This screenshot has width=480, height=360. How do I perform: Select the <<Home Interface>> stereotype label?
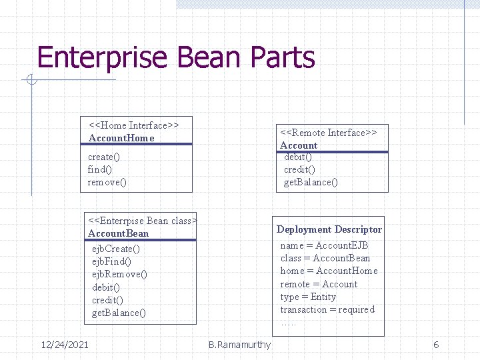tap(134, 125)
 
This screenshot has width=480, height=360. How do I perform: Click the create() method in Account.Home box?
tap(104, 157)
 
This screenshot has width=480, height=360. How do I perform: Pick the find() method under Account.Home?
tap(100, 169)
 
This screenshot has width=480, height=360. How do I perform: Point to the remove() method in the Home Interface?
tap(107, 182)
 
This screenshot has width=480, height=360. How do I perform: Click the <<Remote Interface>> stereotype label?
tap(329, 133)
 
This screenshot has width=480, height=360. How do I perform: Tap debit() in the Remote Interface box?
tap(298, 157)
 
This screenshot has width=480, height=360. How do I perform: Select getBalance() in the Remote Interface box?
tap(311, 182)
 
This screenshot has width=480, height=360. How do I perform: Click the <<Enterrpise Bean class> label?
tap(143, 221)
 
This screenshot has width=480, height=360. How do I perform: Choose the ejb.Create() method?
tap(116, 249)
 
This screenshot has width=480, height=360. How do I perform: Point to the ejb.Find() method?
tap(111, 261)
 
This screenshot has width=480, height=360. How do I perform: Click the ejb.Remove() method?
tap(119, 274)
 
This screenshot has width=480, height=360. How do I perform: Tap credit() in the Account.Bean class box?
tap(107, 300)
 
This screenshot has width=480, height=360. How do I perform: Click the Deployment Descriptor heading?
tap(329, 229)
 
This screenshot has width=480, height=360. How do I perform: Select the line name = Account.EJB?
tap(325, 245)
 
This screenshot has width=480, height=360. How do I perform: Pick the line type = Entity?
tap(308, 297)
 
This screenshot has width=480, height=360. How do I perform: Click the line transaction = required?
tap(327, 309)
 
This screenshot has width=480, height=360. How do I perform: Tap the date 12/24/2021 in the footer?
tap(65, 344)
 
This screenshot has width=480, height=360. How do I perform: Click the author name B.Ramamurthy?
tap(239, 345)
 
